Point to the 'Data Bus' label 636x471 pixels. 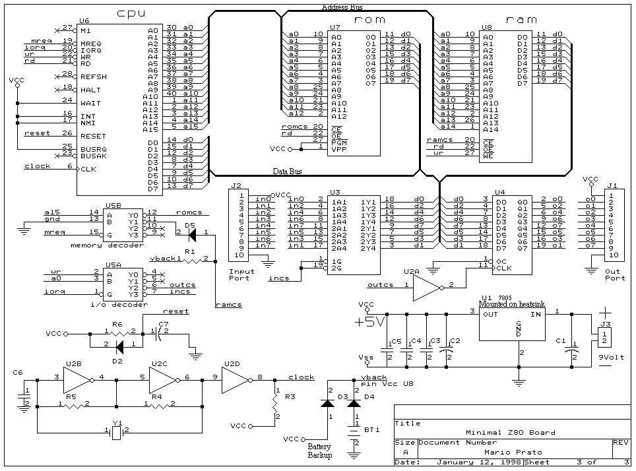point(288,172)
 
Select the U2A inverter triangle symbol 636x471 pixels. point(428,285)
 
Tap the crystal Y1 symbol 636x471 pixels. point(117,431)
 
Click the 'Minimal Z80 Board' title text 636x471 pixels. point(511,433)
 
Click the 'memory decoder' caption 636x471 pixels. point(116,245)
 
